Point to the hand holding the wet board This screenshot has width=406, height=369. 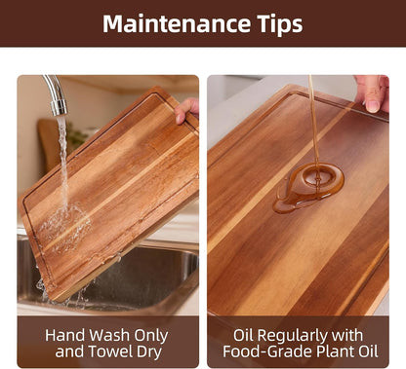(186, 110)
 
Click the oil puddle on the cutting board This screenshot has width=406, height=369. (308, 188)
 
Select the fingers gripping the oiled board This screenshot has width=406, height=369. (373, 92)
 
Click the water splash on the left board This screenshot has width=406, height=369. (63, 226)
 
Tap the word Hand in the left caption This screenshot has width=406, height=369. (65, 335)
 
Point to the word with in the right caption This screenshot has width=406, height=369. (348, 335)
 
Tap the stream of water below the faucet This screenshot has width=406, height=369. (62, 163)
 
